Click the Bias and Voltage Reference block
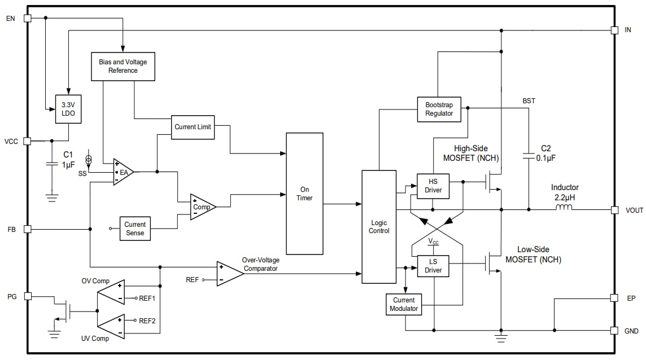(123, 67)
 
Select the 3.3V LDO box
(68, 109)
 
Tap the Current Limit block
(193, 127)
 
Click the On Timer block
(304, 194)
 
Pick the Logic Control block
(379, 226)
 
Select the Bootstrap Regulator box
(439, 109)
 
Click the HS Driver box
(433, 186)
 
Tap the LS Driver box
(433, 266)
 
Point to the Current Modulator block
(404, 304)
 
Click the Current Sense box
(135, 229)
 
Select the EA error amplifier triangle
(123, 172)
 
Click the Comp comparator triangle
(202, 207)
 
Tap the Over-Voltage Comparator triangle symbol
(229, 274)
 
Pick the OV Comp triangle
(111, 292)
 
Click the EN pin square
(27, 18)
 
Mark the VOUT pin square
(614, 210)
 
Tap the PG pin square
(27, 296)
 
